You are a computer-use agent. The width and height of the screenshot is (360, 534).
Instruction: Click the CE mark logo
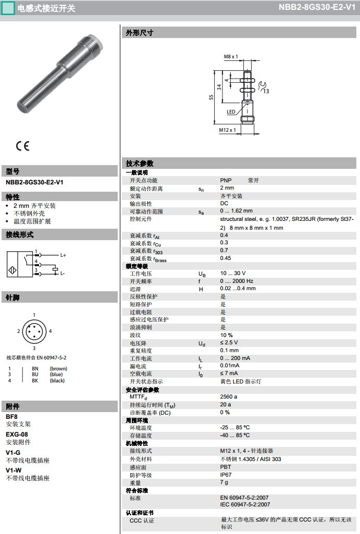(22, 146)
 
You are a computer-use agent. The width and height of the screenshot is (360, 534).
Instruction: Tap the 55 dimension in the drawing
(211, 97)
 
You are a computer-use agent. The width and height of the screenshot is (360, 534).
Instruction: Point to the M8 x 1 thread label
(230, 56)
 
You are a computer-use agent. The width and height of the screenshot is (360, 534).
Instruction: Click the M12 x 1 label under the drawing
(227, 130)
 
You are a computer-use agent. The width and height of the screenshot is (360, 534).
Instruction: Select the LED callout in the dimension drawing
(231, 111)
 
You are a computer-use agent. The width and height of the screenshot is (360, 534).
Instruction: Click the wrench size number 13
(266, 91)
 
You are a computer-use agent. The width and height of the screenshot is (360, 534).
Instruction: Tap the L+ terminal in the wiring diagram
(63, 255)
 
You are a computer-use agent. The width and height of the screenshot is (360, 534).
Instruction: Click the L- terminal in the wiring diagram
(62, 273)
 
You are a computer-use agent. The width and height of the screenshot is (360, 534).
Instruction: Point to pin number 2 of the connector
(18, 331)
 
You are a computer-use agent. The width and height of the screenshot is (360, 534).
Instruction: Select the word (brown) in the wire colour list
(58, 369)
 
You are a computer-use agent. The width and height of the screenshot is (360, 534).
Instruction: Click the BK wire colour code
(35, 381)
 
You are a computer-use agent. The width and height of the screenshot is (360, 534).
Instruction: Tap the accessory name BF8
(11, 417)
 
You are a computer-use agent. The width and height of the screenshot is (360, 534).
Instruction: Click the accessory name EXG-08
(17, 434)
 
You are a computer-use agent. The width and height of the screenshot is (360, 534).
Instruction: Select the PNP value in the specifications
(226, 180)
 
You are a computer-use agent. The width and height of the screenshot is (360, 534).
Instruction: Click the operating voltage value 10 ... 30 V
(232, 274)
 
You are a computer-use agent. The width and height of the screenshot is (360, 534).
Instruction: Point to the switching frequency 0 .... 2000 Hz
(237, 281)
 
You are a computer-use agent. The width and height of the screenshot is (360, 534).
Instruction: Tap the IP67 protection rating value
(226, 475)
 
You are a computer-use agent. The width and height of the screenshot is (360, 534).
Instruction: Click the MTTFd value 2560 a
(228, 397)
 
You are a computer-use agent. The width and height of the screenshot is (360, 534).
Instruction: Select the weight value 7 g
(224, 483)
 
